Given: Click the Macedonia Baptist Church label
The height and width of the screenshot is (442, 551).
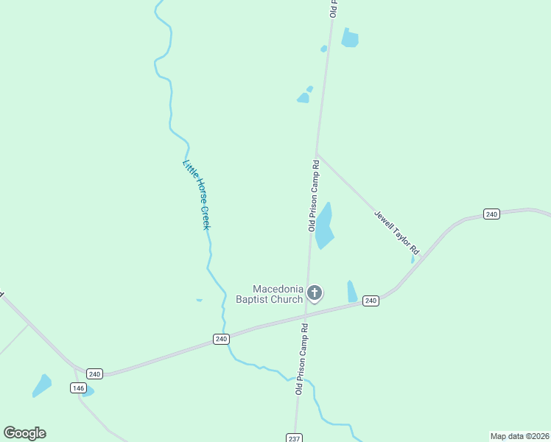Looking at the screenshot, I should [269, 294].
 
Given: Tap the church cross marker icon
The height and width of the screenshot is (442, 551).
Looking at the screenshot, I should [315, 294].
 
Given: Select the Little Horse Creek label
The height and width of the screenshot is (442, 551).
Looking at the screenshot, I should [196, 194].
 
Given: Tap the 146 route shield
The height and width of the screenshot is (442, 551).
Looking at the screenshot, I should [78, 387].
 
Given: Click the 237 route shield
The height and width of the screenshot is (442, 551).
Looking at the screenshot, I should [294, 438].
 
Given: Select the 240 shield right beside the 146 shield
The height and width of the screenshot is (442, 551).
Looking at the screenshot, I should [94, 373].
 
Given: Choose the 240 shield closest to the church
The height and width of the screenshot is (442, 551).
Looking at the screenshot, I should [371, 301].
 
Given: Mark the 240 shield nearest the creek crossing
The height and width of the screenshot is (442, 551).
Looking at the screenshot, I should [221, 339].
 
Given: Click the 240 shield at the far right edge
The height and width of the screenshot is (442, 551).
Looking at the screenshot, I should [492, 214].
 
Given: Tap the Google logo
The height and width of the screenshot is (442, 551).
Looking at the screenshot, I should [24, 433].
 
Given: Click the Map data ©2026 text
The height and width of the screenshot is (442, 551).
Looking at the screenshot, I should [519, 436].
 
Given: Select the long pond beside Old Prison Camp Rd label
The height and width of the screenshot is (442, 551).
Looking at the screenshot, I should [324, 225].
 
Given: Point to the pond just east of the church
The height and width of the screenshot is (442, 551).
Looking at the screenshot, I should [352, 291].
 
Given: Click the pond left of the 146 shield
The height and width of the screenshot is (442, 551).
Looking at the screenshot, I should [42, 385].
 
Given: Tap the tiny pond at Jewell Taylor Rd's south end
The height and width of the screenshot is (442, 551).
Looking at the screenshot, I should [413, 259].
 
